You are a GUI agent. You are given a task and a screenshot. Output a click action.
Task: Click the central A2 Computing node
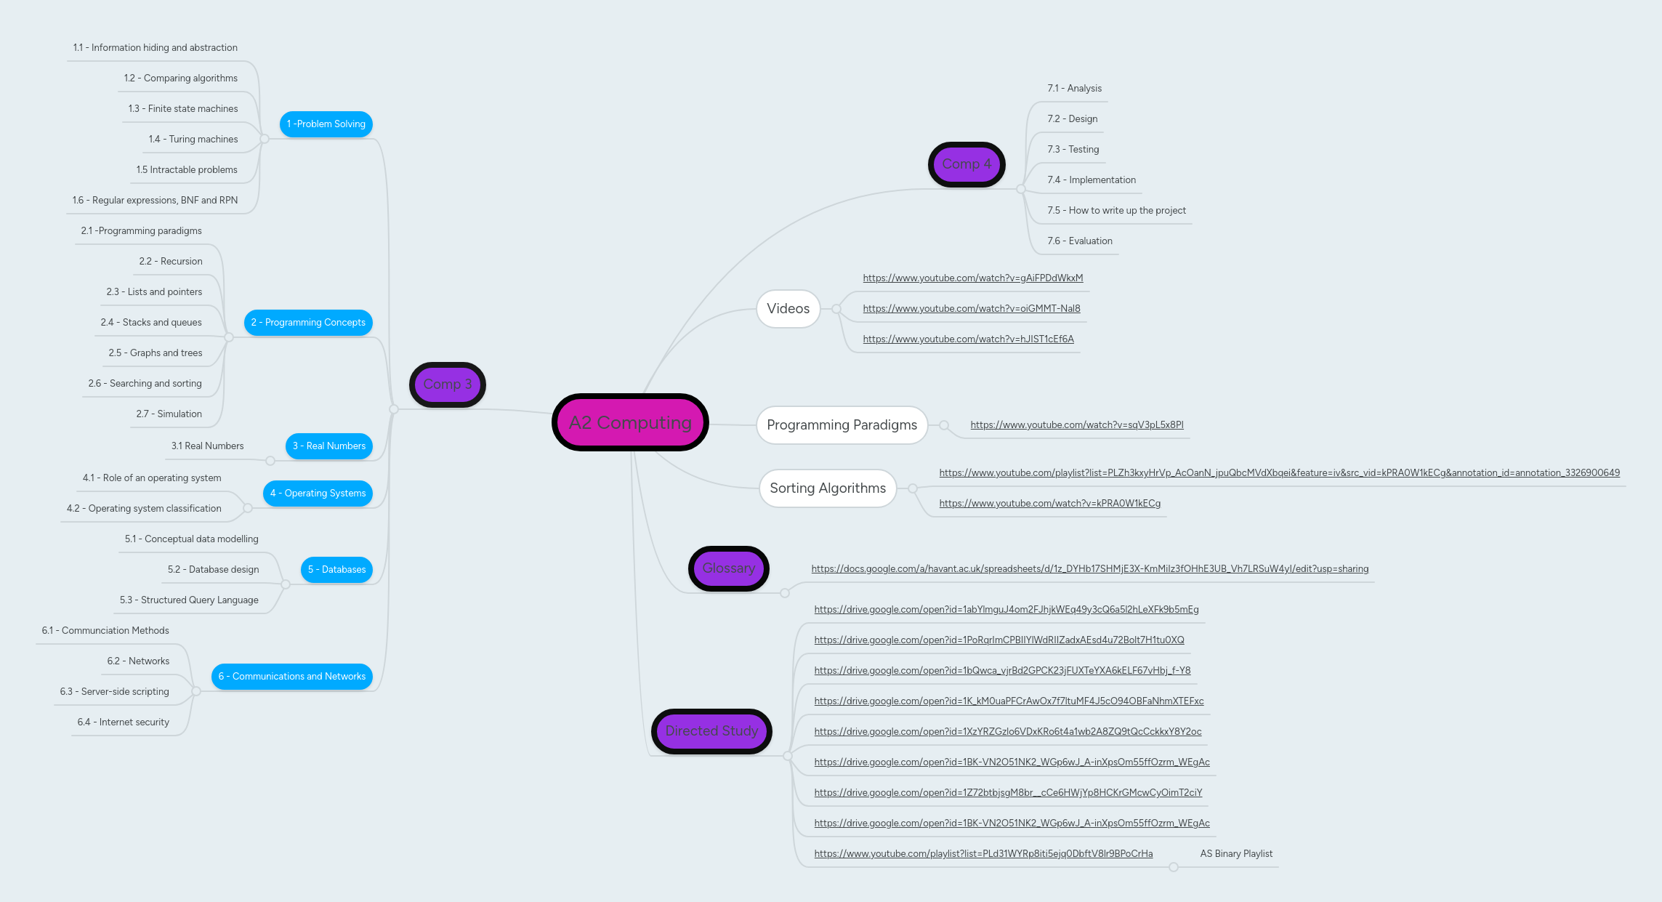tap(630, 422)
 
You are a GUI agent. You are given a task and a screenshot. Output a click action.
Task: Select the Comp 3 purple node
tap(447, 384)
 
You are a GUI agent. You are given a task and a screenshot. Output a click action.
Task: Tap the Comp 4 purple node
tap(966, 164)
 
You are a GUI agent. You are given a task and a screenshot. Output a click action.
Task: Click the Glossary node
tap(728, 568)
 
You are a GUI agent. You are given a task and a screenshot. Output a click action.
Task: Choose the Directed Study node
tap(711, 731)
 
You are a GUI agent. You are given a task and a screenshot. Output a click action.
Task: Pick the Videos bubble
tap(788, 309)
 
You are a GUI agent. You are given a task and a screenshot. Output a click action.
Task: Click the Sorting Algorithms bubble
tap(827, 488)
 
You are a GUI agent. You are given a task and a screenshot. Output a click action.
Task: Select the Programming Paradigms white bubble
tap(842, 425)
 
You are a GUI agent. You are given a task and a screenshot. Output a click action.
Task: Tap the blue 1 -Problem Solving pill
tap(326, 124)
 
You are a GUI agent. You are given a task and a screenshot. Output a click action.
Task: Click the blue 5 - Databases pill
tap(336, 570)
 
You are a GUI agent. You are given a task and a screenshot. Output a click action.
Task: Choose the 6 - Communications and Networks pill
tap(291, 677)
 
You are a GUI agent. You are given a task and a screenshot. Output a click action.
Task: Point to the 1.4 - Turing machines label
tap(193, 140)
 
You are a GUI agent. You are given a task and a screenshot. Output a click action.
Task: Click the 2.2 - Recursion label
tap(171, 262)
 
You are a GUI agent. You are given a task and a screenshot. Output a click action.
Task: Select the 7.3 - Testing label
tap(1073, 150)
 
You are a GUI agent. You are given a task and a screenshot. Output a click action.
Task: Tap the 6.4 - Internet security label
tap(123, 722)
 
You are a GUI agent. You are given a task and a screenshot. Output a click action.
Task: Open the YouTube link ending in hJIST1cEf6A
tap(968, 339)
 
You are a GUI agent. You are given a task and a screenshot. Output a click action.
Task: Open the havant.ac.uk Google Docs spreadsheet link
tap(1089, 569)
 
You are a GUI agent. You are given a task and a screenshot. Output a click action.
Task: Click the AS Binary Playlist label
tap(1236, 854)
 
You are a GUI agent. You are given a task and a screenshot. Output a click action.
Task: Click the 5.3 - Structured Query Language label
tap(189, 600)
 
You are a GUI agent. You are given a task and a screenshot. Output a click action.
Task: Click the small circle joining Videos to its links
tap(836, 310)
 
